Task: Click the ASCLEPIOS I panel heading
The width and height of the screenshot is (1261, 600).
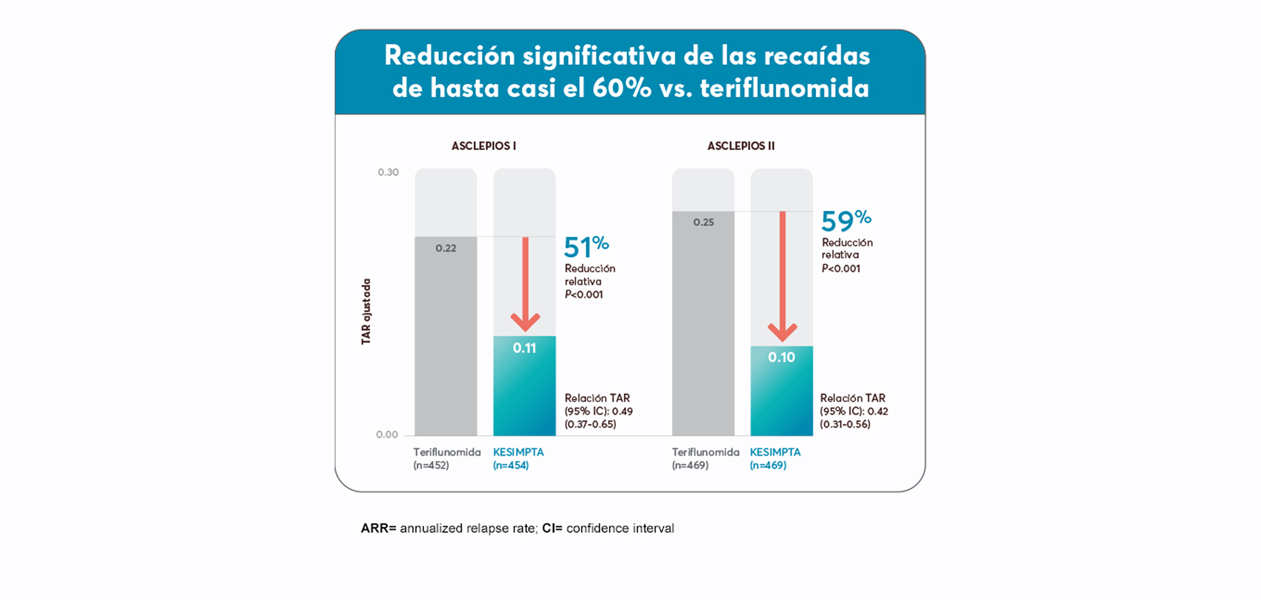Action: tap(483, 146)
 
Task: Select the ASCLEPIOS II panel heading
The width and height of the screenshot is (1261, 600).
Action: tap(741, 146)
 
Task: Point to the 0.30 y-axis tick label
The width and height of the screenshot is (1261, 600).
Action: tap(388, 172)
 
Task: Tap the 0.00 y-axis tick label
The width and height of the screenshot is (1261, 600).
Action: tap(387, 434)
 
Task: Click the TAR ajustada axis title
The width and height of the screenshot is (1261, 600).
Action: tap(366, 311)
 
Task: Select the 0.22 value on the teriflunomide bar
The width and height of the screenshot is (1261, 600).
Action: tap(446, 248)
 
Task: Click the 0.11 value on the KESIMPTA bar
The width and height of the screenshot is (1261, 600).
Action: tap(524, 348)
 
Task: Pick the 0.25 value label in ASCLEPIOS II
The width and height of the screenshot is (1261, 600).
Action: tap(704, 222)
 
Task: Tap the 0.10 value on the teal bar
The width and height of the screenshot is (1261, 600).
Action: tap(781, 357)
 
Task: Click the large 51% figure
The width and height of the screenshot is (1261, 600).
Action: tap(586, 246)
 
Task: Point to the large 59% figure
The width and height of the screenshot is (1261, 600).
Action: tap(846, 220)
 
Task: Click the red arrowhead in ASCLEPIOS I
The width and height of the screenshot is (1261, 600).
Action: tap(525, 322)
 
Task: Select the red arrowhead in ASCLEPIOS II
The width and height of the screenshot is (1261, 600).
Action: tap(782, 333)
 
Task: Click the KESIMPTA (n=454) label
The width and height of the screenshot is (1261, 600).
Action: tap(518, 459)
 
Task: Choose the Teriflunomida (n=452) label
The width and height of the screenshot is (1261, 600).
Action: tap(446, 459)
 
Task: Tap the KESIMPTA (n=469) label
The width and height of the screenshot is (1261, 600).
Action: tap(775, 459)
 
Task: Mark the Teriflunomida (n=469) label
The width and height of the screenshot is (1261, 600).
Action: tap(705, 459)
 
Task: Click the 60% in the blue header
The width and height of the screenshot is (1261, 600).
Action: tap(622, 89)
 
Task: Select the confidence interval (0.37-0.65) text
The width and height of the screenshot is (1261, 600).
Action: tap(590, 424)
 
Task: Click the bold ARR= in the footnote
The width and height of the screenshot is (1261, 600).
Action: tap(378, 528)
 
